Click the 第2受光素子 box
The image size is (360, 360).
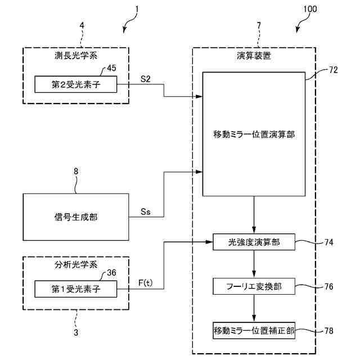coord(75,84)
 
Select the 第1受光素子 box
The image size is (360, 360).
coord(75,290)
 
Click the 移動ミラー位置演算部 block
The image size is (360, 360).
coord(254,134)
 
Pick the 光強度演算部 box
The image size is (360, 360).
coord(255,242)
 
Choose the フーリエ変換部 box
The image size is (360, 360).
coord(255,286)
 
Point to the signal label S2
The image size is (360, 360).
coord(145,79)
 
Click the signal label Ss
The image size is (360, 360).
coord(146,212)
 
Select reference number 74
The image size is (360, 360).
coord(328,242)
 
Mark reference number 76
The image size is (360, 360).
coord(328,286)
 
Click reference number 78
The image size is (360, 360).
coord(328,330)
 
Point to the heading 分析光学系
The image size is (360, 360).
coord(75,263)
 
